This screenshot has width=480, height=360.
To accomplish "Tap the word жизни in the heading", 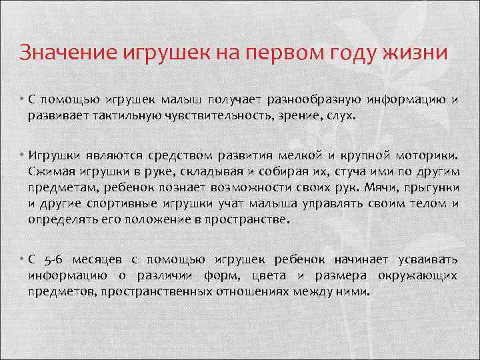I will [x=420, y=53].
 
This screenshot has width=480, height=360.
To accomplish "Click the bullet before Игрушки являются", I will [x=22, y=156].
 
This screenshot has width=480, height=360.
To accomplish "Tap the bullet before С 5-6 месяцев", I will [x=22, y=260].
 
